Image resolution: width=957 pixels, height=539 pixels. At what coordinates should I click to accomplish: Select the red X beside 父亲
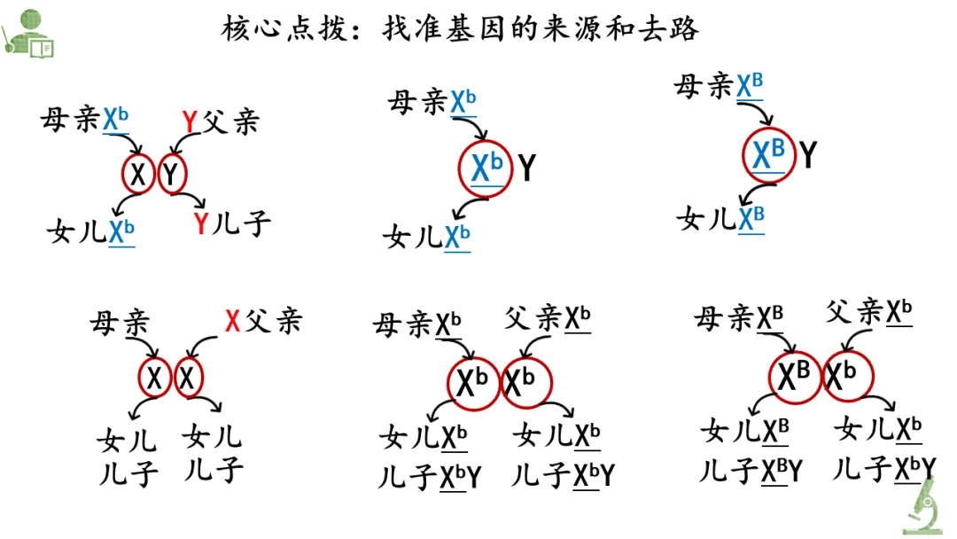tap(232, 321)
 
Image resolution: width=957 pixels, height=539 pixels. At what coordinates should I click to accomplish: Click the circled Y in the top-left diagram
tap(172, 175)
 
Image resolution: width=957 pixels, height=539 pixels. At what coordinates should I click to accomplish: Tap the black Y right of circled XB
tap(808, 156)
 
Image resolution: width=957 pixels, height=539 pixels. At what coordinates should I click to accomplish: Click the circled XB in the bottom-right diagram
tap(795, 377)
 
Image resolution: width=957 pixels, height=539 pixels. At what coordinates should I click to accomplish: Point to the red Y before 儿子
tap(201, 224)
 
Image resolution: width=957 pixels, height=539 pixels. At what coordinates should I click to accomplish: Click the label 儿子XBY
tap(751, 470)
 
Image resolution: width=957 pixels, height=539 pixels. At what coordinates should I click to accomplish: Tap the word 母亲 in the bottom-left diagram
tap(119, 322)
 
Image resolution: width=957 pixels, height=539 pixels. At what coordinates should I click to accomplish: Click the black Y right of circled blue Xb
tap(527, 168)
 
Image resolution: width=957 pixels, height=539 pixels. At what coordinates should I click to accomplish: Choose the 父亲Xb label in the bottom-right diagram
tap(869, 312)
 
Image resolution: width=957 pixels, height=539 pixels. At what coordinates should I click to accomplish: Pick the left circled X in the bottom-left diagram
tap(155, 379)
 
